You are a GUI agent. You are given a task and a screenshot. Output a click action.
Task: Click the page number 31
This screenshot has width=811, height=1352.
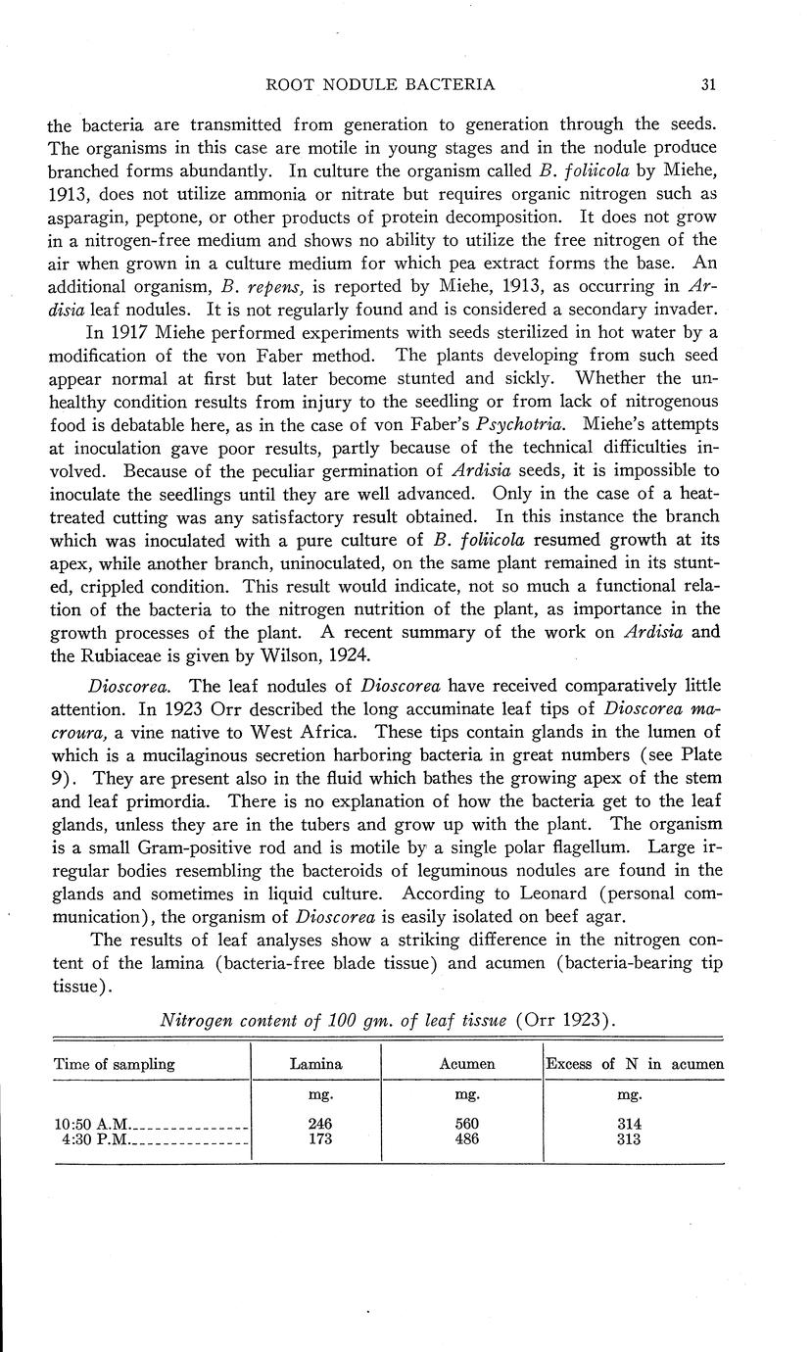click(709, 84)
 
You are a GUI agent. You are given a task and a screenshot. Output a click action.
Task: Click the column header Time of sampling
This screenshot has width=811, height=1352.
click(115, 1064)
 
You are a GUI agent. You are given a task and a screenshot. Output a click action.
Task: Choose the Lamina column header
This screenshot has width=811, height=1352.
click(316, 1064)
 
